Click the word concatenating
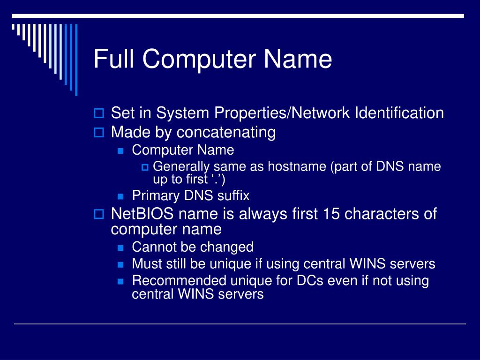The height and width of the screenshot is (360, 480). pyautogui.click(x=226, y=133)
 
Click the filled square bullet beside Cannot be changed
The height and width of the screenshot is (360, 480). pyautogui.click(x=120, y=247)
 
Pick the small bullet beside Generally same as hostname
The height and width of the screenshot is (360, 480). pyautogui.click(x=145, y=167)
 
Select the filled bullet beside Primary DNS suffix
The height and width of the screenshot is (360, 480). pyautogui.click(x=120, y=196)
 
